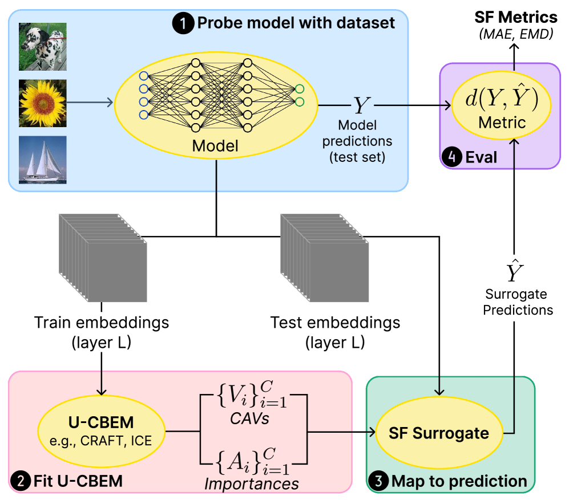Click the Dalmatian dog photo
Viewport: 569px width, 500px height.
click(42, 47)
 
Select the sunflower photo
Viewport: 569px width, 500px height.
click(42, 103)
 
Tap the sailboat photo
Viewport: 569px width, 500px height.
click(42, 159)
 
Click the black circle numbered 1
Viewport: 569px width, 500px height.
click(184, 23)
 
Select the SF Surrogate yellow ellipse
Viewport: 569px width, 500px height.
click(438, 433)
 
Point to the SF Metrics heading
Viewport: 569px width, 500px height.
click(515, 17)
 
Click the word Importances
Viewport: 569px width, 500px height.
click(252, 484)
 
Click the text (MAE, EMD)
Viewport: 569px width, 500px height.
click(515, 34)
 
